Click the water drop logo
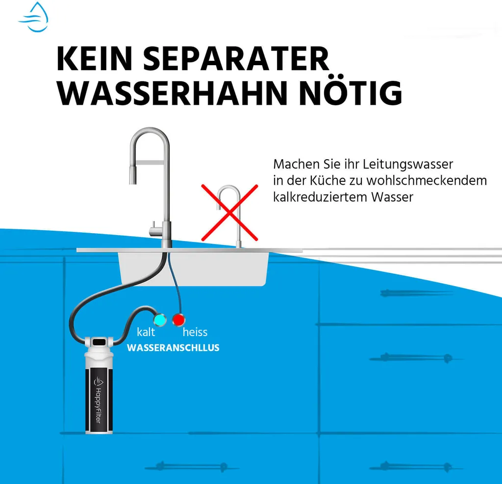pyautogui.click(x=34, y=17)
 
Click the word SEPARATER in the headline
pyautogui.click(x=236, y=59)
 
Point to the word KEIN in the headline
pyautogui.click(x=95, y=59)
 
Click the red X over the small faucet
pyautogui.click(x=229, y=213)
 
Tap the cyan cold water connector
pyautogui.click(x=159, y=319)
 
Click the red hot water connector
pyautogui.click(x=178, y=319)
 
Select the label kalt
pyautogui.click(x=146, y=332)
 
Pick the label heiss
pyautogui.click(x=195, y=332)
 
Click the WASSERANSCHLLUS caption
pyautogui.click(x=173, y=348)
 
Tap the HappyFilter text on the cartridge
pyautogui.click(x=98, y=405)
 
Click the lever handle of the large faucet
pyautogui.click(x=155, y=228)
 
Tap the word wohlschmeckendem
pyautogui.click(x=427, y=180)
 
